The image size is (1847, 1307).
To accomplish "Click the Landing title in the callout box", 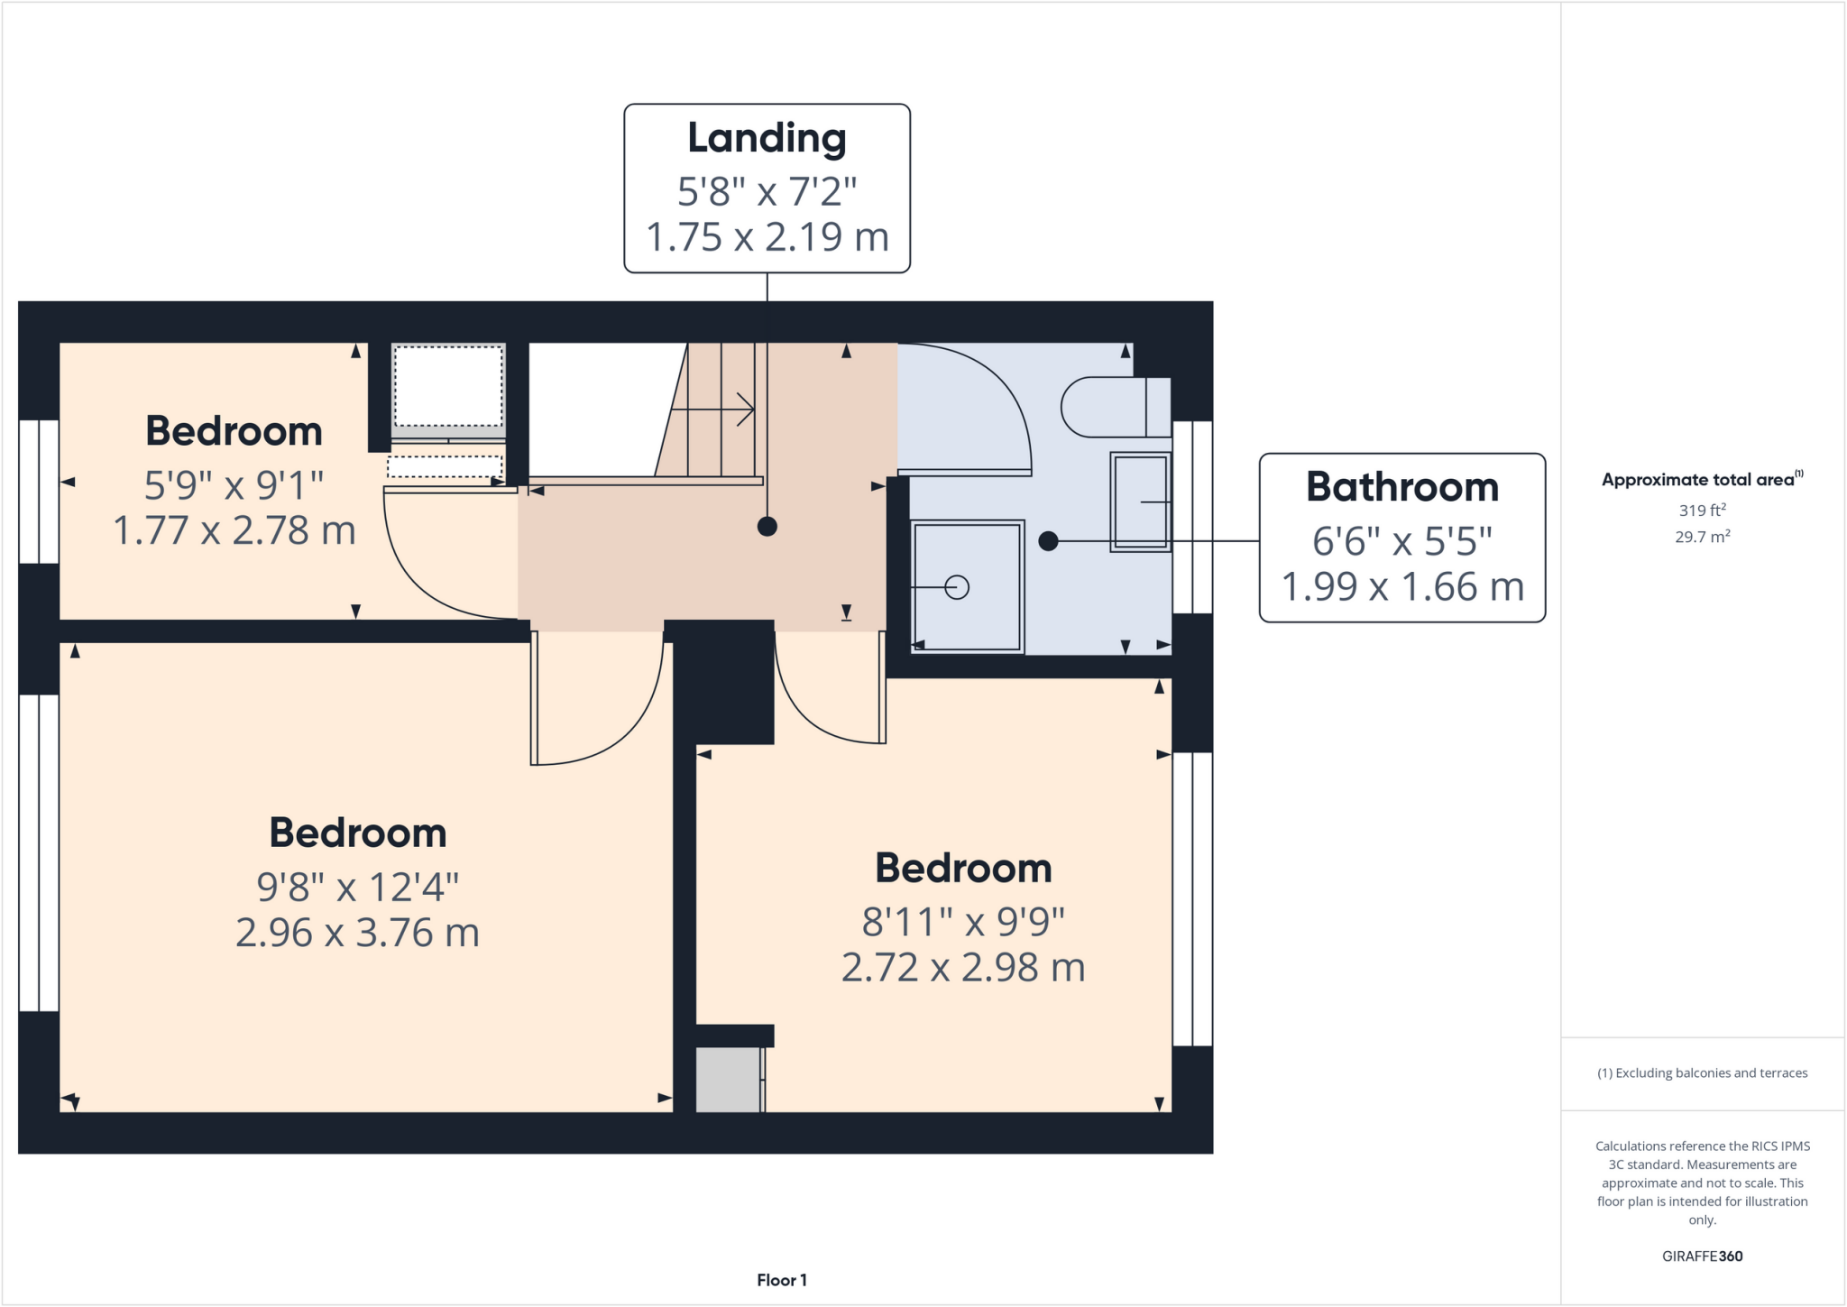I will pos(767,138).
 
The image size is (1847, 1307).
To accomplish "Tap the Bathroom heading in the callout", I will pos(1401,487).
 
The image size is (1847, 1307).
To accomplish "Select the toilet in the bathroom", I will pos(1114,407).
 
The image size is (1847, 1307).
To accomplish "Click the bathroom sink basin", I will pos(1140,502).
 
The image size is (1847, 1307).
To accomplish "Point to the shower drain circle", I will pos(957,587).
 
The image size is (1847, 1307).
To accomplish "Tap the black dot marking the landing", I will pos(767,527).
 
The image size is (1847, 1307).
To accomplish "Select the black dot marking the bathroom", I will pos(1048,541).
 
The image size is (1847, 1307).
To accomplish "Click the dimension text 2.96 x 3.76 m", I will pos(357,933).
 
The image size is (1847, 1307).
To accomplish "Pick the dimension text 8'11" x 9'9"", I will pos(963,922).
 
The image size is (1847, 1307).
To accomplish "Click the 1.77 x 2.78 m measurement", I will pos(234,530).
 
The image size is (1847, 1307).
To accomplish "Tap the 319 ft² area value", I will pos(1702,510).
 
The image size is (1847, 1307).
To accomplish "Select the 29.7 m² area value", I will pos(1702,537).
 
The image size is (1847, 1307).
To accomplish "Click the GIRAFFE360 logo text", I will pos(1702,1256).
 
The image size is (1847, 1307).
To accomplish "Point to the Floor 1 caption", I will pos(781,1280).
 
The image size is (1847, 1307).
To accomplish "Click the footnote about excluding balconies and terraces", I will pos(1702,1072).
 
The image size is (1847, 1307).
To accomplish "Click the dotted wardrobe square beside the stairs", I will pos(448,386).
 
